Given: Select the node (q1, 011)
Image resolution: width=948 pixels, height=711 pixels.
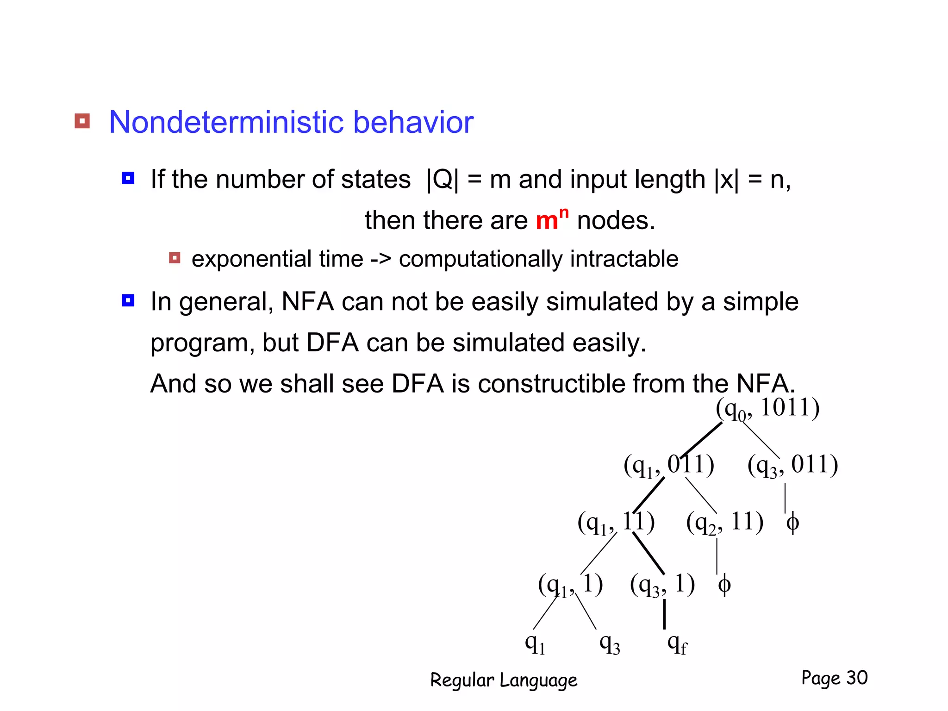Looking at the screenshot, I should pos(668,465).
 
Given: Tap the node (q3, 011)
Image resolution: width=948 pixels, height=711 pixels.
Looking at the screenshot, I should pos(792,465).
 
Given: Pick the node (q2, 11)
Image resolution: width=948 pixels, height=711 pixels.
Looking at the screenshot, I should pos(724,523).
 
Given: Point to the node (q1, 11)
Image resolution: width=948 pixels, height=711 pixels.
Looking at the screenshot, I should pos(616,523).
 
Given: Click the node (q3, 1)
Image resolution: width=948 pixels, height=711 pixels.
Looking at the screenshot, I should pos(662,585).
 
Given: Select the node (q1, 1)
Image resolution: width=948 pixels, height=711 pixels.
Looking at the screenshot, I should pos(570,585).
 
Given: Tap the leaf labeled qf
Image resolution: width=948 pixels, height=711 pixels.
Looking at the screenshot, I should pos(677,643).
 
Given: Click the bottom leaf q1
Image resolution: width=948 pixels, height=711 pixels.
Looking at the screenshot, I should pos(535,643).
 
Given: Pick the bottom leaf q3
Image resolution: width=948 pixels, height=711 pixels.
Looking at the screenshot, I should pos(609,643).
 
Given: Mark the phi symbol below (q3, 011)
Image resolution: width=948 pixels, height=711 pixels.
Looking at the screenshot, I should pos(792,523).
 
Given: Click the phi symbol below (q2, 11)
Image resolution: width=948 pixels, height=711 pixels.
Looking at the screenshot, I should pos(724,585).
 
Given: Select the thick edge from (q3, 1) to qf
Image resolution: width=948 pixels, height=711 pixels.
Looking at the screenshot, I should pos(664,614).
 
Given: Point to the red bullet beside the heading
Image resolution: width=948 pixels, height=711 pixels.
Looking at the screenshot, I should pos(82,121).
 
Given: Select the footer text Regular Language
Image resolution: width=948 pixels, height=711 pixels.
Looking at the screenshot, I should pos(504,680).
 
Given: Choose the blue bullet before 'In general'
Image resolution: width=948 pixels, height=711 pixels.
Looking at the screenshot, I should pos(128,300).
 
